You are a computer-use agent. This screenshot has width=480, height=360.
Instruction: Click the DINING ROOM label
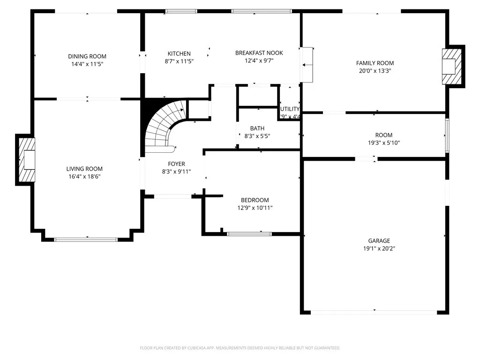(x=87, y=56)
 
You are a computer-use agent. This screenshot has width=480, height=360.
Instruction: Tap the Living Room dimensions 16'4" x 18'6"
(x=84, y=177)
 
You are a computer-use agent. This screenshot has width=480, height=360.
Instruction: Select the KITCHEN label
(x=179, y=53)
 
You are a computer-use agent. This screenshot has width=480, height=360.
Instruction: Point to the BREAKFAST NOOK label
(x=259, y=53)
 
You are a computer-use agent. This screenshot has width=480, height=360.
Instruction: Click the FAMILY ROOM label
(x=375, y=63)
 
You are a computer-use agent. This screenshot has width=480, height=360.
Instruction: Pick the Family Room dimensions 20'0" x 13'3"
(x=375, y=71)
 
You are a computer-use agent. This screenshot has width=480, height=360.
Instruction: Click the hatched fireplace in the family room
(x=453, y=66)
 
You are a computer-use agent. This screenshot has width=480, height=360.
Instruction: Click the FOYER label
(x=176, y=164)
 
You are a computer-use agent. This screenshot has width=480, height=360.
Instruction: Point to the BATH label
(x=257, y=128)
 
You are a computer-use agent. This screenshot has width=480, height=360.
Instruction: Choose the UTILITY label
(x=290, y=109)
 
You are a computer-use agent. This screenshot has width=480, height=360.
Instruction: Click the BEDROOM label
(x=255, y=200)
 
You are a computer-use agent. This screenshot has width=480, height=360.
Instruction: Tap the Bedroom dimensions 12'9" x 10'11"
(x=255, y=208)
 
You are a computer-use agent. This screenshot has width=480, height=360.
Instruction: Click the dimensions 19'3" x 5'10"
(x=383, y=143)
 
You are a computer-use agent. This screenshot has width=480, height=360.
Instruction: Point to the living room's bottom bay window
(x=86, y=240)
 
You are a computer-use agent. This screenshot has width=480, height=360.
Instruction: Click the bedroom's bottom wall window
(x=249, y=233)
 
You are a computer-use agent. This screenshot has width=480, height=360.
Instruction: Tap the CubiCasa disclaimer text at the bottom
(x=240, y=348)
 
